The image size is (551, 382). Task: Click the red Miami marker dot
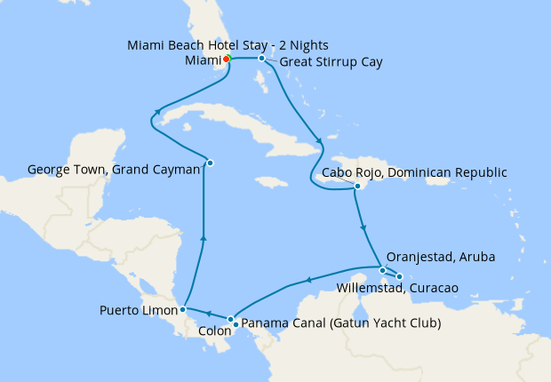[227, 59]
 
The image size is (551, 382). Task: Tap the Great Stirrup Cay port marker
[261, 59]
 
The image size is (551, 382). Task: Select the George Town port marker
[210, 162]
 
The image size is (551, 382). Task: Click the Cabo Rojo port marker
[357, 187]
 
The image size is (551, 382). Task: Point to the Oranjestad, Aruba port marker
[382, 270]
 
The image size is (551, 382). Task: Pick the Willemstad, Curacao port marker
[400, 276]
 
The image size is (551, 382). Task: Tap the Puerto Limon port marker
[182, 310]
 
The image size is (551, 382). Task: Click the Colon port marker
[230, 320]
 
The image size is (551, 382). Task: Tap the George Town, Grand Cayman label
[113, 169]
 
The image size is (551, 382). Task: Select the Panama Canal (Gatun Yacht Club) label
[341, 322]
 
